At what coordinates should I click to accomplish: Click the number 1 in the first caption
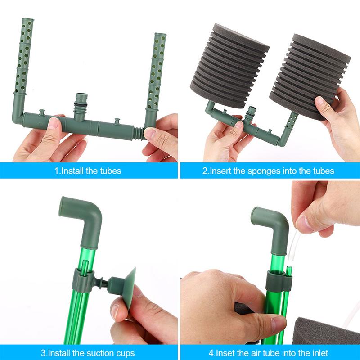point(56,171)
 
